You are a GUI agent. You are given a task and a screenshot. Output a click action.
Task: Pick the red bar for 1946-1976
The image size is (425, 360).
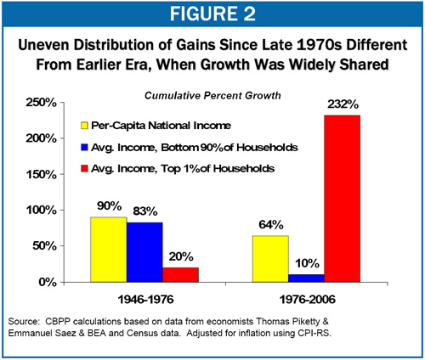tap(180, 274)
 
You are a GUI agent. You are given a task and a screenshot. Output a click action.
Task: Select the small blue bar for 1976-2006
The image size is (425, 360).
tap(305, 278)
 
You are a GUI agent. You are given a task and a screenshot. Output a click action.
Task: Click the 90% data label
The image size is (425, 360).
tap(110, 206)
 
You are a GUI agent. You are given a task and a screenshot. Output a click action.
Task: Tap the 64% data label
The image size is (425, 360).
tap(269, 225)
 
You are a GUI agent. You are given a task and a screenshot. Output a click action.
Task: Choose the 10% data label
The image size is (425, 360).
tap(306, 264)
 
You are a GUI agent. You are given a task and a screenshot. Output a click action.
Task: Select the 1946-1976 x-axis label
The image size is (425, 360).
tap(144, 300)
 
